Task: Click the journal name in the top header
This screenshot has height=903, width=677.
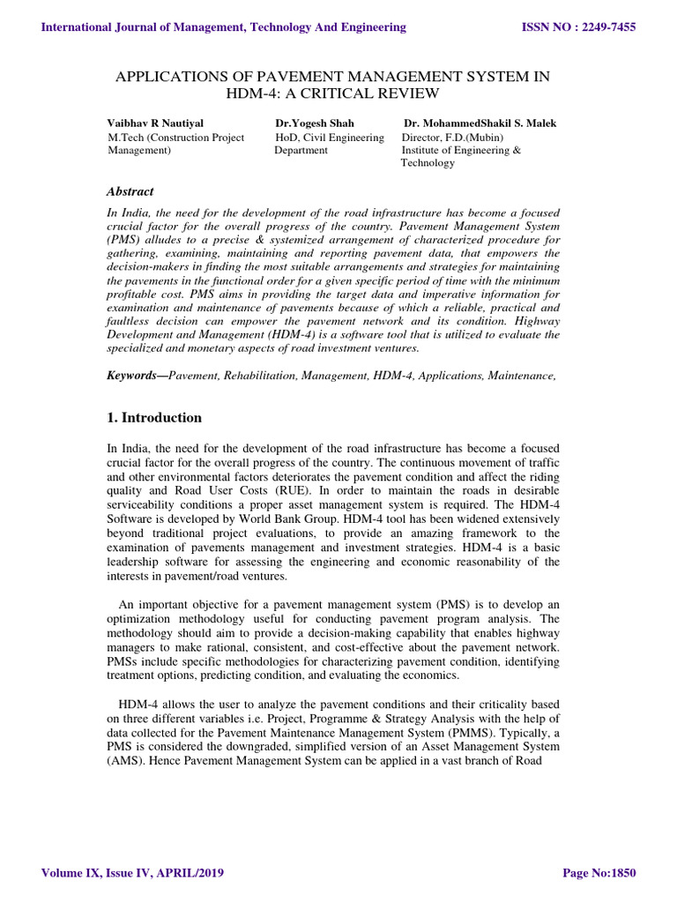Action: coord(224,27)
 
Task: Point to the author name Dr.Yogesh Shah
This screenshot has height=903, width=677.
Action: coord(315,123)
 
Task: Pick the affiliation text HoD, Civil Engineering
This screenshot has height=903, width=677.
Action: coord(330,138)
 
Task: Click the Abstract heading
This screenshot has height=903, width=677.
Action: coord(130,191)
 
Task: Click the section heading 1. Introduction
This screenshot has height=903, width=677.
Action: coord(154,418)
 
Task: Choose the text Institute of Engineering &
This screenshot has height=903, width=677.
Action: coord(461,151)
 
